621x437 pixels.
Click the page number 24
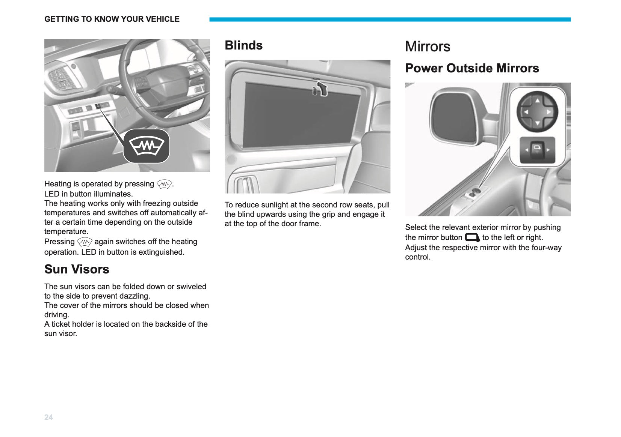click(x=48, y=417)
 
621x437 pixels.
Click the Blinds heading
click(x=243, y=45)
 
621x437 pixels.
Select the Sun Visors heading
click(x=77, y=269)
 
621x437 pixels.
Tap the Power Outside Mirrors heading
click(x=472, y=68)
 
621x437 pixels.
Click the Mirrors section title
click(x=428, y=46)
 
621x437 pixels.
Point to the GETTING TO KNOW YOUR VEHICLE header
click(x=112, y=19)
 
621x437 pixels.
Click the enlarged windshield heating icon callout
click(x=147, y=146)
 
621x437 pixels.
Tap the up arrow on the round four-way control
click(x=537, y=101)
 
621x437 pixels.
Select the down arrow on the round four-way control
click(x=537, y=123)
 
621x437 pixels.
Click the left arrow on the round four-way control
click(x=526, y=112)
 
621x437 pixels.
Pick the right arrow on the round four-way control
click(x=548, y=112)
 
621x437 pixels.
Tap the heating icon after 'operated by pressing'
click(x=164, y=184)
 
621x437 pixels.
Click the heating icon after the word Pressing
click(x=85, y=242)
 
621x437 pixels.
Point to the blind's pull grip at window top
click(x=321, y=89)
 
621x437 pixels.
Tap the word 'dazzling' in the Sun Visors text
click(x=135, y=296)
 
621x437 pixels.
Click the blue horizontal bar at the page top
click(x=390, y=20)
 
